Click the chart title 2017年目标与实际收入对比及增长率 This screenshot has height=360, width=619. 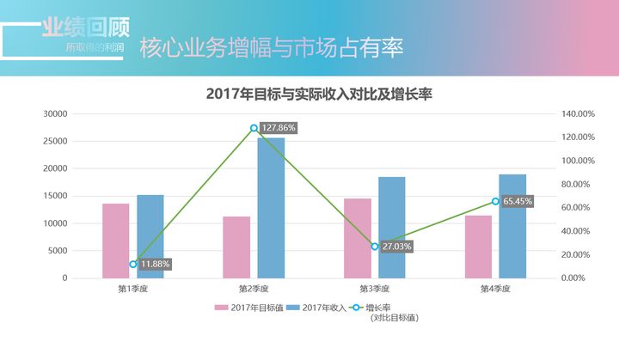point(319,94)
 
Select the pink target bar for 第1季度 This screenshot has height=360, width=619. point(115,241)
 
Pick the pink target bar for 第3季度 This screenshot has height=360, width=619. point(358,238)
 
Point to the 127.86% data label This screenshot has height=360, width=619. point(279,128)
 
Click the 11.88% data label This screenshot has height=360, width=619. point(155,264)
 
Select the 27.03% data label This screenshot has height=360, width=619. point(397,247)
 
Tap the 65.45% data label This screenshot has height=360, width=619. point(518,201)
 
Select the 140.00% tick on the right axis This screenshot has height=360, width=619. point(579,113)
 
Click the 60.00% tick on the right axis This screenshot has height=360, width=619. point(577,208)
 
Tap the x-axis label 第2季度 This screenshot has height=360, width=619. point(254,289)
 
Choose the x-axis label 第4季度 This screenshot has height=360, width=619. point(495,289)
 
